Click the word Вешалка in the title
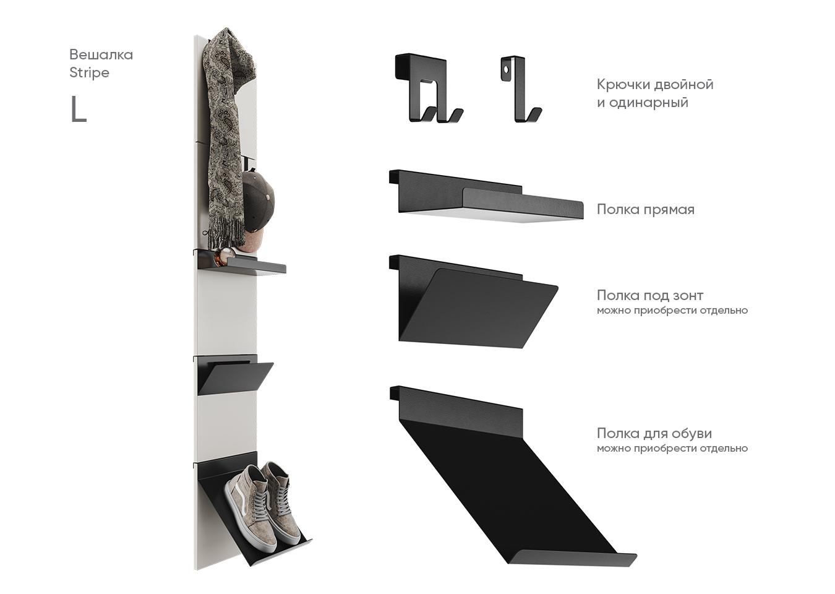click(x=101, y=55)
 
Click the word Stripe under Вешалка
click(x=89, y=73)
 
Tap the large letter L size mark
click(x=79, y=109)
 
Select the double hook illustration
click(x=429, y=88)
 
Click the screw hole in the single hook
click(x=507, y=69)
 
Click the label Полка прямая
click(x=645, y=210)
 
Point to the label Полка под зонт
click(x=649, y=295)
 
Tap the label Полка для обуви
click(x=654, y=433)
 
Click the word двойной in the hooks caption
click(x=683, y=85)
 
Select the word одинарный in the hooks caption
click(x=649, y=103)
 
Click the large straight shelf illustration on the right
click(x=486, y=197)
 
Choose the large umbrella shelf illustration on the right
click(x=473, y=301)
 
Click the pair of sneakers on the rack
click(x=263, y=505)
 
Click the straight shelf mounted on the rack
click(x=240, y=263)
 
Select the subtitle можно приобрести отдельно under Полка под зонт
click(x=672, y=311)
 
